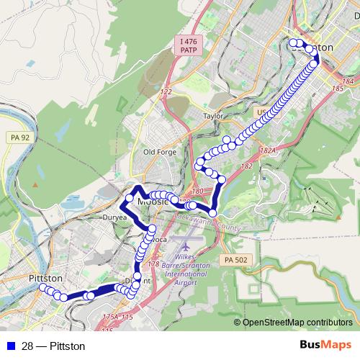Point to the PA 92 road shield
(x=22, y=137)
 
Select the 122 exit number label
(x=166, y=92)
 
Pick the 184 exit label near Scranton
(x=349, y=81)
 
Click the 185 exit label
(x=338, y=89)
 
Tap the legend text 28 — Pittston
(x=53, y=346)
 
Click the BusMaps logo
(x=326, y=346)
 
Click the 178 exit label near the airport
(x=153, y=264)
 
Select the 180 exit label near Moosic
(x=199, y=191)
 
